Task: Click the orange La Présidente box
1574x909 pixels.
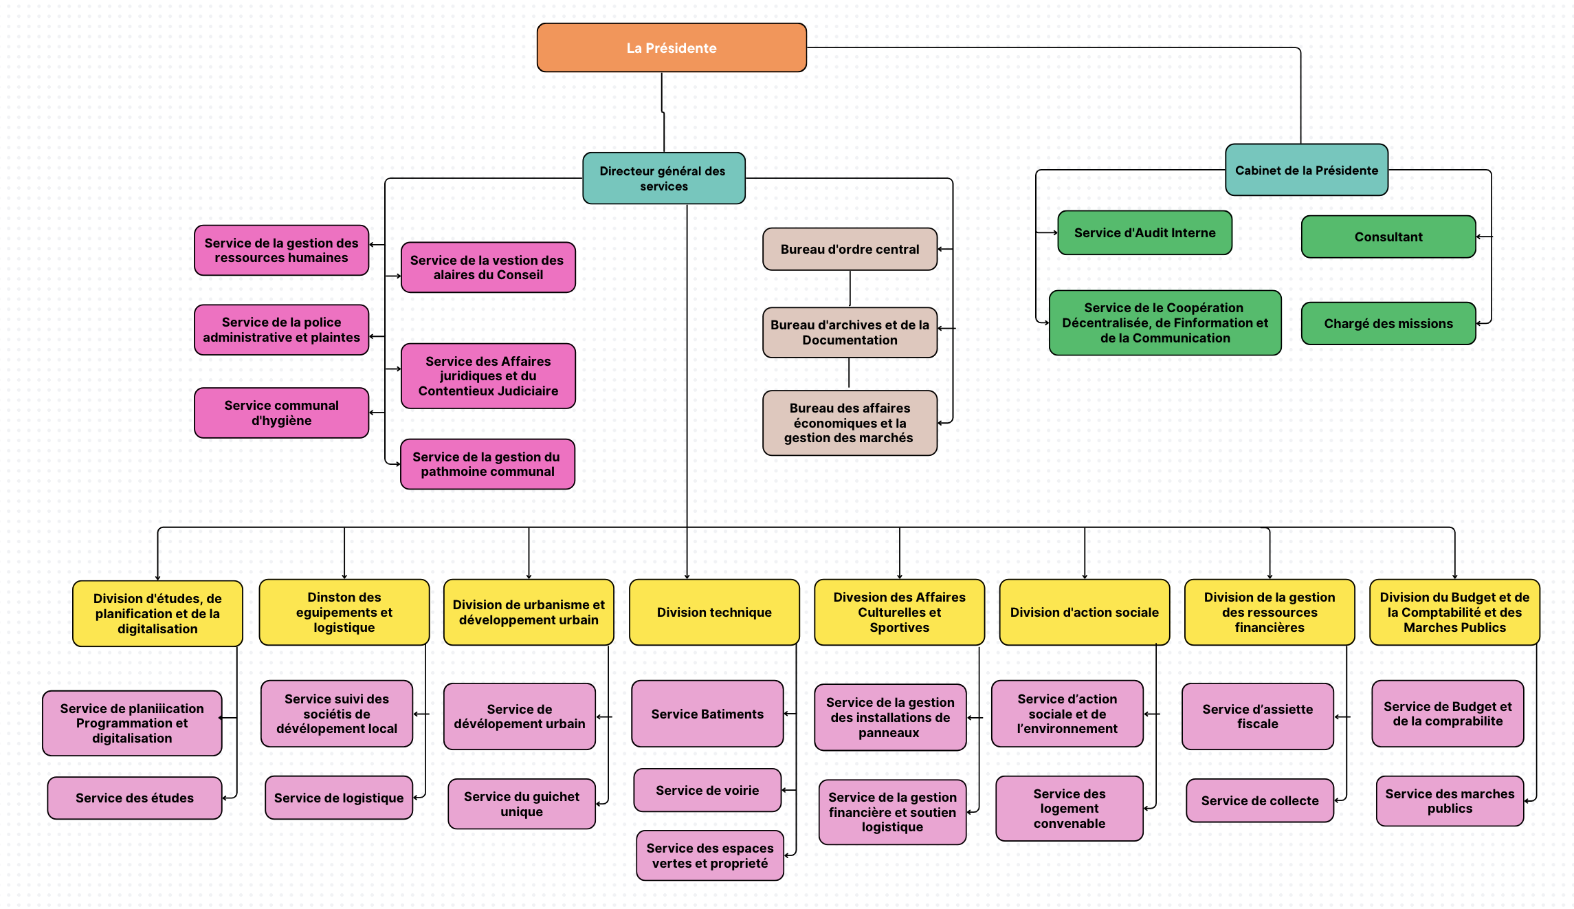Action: point(672,47)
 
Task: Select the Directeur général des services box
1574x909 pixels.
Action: point(664,178)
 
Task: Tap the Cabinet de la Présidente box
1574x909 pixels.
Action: point(1307,170)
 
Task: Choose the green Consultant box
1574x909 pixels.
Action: point(1388,237)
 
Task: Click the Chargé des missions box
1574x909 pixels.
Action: point(1388,323)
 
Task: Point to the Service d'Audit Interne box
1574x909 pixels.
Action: point(1145,232)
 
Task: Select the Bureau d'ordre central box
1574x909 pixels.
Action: point(850,249)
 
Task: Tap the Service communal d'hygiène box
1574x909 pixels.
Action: point(282,413)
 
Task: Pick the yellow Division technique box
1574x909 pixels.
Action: point(714,612)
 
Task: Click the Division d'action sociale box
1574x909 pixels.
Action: point(1085,612)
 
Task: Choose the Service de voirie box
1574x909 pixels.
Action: point(707,790)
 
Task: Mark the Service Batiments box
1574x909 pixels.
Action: point(707,714)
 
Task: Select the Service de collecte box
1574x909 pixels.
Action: point(1260,800)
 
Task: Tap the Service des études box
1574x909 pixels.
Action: point(135,798)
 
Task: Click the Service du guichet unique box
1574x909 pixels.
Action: point(522,804)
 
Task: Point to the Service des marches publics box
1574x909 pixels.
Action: point(1450,801)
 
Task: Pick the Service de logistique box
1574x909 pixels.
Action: point(339,798)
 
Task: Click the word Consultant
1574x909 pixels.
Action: point(1388,237)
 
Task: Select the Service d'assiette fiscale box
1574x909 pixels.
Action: point(1258,716)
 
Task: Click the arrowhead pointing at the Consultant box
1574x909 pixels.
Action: point(1479,237)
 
